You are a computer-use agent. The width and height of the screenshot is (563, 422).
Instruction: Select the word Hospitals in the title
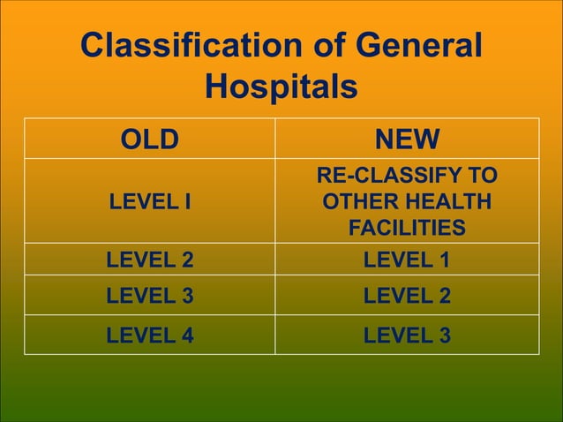pyautogui.click(x=281, y=87)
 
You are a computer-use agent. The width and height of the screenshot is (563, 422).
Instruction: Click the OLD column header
pyautogui.click(x=149, y=139)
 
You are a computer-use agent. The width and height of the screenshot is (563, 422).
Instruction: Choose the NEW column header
pyautogui.click(x=407, y=139)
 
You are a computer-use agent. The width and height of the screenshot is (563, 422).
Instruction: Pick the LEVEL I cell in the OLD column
pyautogui.click(x=149, y=202)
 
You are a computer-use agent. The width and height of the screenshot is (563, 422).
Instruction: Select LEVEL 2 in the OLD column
pyautogui.click(x=149, y=260)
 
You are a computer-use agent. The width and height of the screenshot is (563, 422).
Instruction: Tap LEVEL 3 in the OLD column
pyautogui.click(x=149, y=296)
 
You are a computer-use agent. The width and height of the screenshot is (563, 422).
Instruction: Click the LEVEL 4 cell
pyautogui.click(x=149, y=335)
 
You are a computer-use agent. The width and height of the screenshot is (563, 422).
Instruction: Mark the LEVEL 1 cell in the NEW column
pyautogui.click(x=407, y=260)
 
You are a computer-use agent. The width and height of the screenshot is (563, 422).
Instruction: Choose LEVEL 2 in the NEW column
pyautogui.click(x=407, y=296)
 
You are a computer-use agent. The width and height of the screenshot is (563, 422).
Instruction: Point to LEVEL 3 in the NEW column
pyautogui.click(x=407, y=335)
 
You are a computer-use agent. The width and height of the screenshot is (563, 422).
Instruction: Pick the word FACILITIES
pyautogui.click(x=407, y=229)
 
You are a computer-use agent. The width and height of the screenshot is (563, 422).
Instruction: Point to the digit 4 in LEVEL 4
pyautogui.click(x=186, y=335)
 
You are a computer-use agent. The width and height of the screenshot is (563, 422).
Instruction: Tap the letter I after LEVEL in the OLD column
pyautogui.click(x=187, y=202)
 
